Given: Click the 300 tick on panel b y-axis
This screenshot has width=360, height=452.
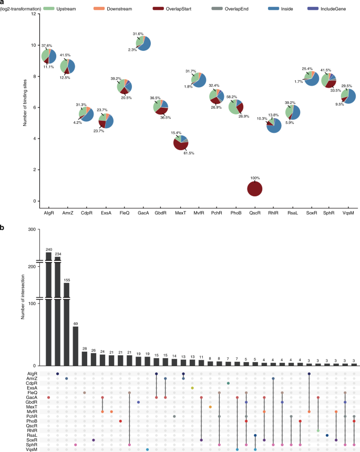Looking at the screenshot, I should (x=32, y=229).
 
